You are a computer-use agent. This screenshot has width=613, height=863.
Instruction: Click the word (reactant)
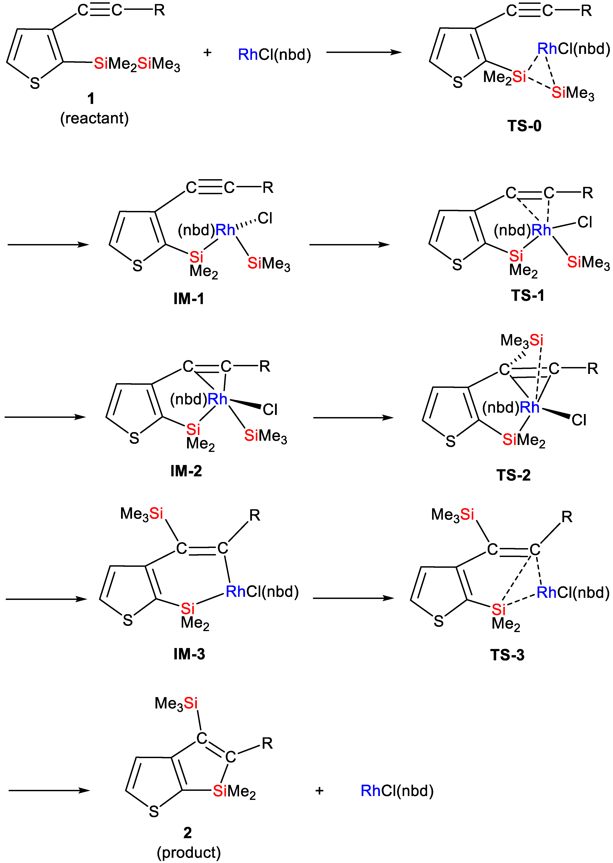click(x=94, y=119)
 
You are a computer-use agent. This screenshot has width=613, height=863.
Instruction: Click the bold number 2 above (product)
click(x=188, y=832)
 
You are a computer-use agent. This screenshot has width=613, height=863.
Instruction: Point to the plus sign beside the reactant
click(x=207, y=53)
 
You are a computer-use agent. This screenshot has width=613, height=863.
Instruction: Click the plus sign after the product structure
click(x=319, y=791)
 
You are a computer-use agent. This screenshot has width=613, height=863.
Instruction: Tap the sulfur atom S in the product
click(x=154, y=811)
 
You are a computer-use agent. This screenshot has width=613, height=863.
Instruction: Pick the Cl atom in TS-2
click(x=579, y=420)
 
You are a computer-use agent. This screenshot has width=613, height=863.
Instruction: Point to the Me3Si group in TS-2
click(x=522, y=340)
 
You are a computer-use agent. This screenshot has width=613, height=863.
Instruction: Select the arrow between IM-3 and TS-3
click(x=353, y=598)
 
